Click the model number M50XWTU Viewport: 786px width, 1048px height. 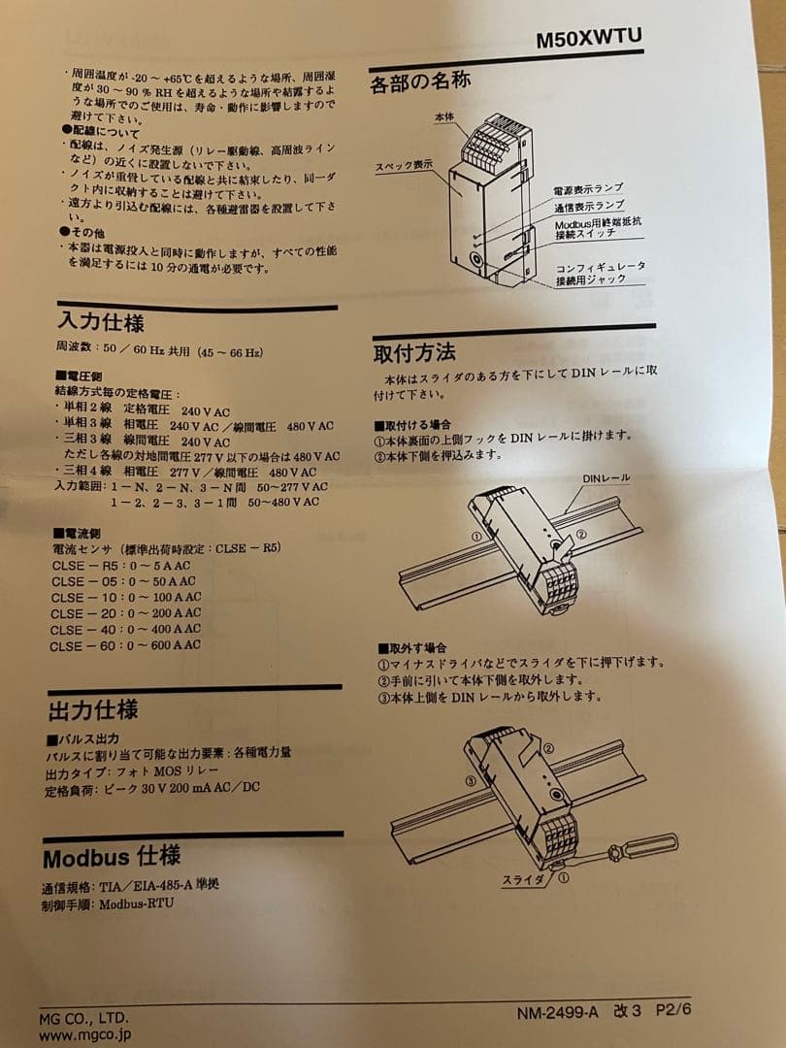[589, 38]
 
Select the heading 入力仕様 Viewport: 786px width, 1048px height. [101, 321]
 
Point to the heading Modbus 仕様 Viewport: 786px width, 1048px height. [112, 857]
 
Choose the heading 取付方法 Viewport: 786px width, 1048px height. [414, 352]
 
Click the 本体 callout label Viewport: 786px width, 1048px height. [443, 117]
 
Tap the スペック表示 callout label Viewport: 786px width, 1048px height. [403, 165]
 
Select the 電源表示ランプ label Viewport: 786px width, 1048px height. [588, 190]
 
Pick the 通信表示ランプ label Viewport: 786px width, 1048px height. [589, 207]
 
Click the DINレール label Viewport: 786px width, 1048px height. [606, 478]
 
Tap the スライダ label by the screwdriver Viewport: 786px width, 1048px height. [523, 879]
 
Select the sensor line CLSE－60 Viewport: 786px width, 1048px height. [125, 645]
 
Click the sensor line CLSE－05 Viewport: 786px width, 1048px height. [123, 581]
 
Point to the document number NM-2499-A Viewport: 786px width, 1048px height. [557, 1012]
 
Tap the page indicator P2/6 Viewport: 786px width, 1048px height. [673, 1009]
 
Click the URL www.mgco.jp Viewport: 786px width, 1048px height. [84, 1035]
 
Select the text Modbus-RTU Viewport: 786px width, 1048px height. [137, 904]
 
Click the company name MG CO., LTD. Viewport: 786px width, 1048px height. [83, 1019]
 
